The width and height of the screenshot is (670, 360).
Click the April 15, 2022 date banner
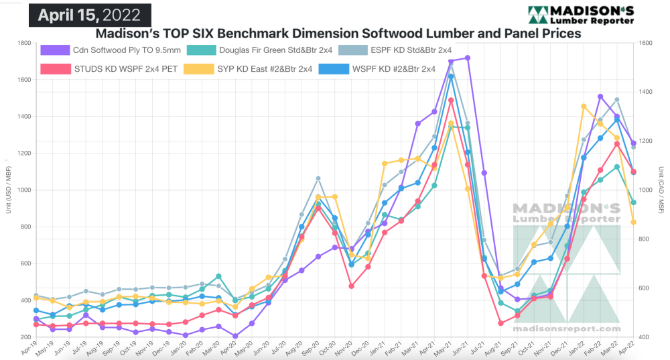click(x=90, y=14)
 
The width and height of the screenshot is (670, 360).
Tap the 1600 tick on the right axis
click(x=645, y=44)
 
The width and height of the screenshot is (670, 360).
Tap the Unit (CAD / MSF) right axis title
click(x=661, y=190)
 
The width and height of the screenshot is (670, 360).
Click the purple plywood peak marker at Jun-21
click(x=468, y=58)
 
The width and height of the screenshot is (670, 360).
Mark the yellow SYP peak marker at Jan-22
click(x=584, y=106)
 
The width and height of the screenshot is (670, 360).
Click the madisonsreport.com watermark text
click(x=567, y=329)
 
